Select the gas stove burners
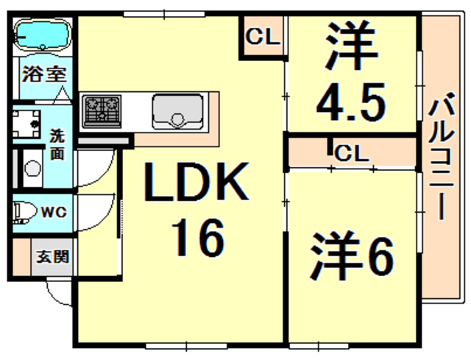(104, 110)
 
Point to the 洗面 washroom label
(57, 144)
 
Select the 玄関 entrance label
(52, 257)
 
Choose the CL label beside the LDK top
(262, 35)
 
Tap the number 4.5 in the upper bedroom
(350, 102)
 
